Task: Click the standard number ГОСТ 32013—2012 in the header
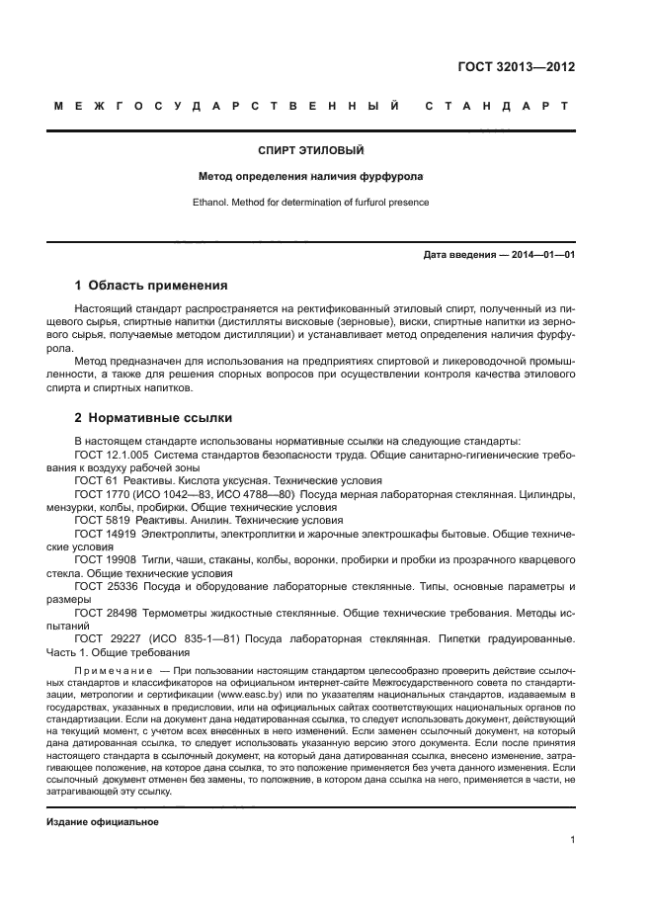(x=516, y=67)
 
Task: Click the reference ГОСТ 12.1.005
(x=112, y=454)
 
